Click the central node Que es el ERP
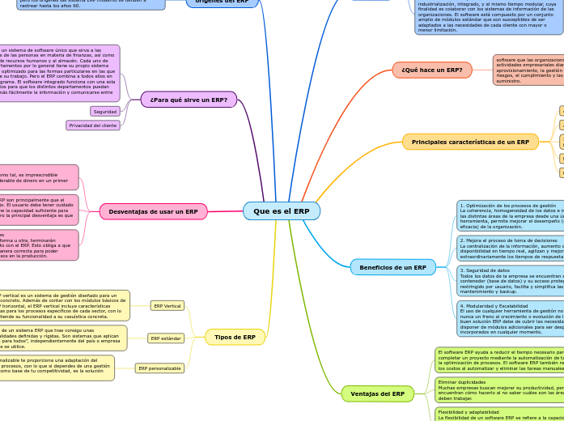click(x=281, y=211)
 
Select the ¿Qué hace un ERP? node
click(x=431, y=70)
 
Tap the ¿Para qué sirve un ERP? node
click(x=189, y=100)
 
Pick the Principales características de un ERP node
click(x=470, y=142)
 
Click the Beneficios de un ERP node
click(x=392, y=267)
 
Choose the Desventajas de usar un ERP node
click(x=153, y=211)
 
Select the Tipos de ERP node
click(x=235, y=337)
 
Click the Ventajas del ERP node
click(x=377, y=393)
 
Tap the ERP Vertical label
click(x=168, y=306)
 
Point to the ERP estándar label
click(x=166, y=338)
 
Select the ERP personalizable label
click(x=159, y=368)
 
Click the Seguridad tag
click(x=105, y=112)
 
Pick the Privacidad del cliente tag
click(x=93, y=125)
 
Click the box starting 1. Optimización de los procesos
click(x=510, y=216)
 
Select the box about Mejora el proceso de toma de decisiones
click(x=510, y=248)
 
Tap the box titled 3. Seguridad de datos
click(x=510, y=279)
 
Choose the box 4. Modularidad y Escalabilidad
click(x=510, y=319)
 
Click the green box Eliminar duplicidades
click(x=498, y=389)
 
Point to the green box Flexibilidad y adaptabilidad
click(x=498, y=414)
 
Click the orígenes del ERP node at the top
click(x=222, y=2)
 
